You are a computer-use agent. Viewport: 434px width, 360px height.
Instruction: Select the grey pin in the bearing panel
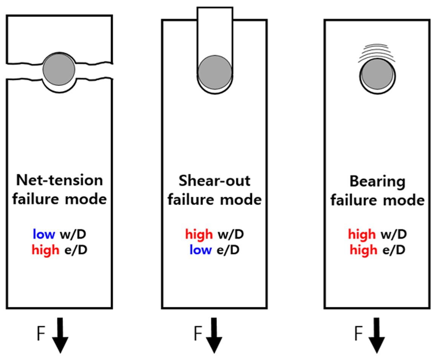click(x=376, y=75)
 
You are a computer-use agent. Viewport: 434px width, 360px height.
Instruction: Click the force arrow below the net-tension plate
click(x=60, y=335)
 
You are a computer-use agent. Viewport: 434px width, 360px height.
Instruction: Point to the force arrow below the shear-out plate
click(x=214, y=335)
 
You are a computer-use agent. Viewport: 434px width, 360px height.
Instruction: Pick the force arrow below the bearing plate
click(x=376, y=335)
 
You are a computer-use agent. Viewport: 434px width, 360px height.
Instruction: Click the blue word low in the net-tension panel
click(x=44, y=235)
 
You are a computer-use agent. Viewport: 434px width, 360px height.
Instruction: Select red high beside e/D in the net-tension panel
click(x=45, y=250)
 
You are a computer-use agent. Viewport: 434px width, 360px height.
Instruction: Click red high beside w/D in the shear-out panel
click(x=199, y=235)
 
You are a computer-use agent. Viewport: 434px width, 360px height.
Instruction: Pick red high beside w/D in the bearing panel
click(x=362, y=235)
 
